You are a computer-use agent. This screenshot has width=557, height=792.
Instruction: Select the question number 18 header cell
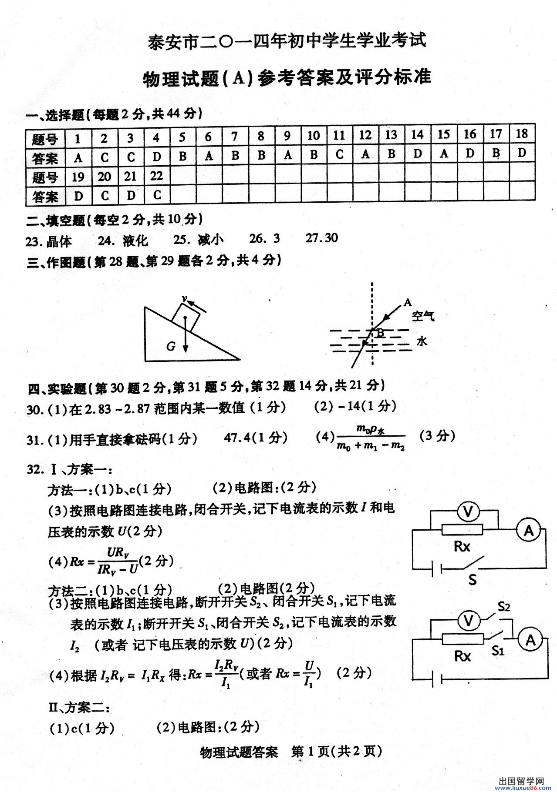[521, 134]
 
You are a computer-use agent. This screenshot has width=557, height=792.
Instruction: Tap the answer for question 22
[157, 195]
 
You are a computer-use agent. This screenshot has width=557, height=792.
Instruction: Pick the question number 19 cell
[78, 177]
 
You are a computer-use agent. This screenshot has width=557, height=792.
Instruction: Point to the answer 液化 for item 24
[135, 240]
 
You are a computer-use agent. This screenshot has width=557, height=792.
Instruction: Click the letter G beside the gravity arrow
[171, 346]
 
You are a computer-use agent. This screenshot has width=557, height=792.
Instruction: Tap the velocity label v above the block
[185, 299]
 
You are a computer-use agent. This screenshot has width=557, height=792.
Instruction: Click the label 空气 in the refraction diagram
[423, 316]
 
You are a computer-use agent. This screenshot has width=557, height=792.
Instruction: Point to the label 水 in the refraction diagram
[422, 341]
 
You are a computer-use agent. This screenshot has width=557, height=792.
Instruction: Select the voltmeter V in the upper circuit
[468, 512]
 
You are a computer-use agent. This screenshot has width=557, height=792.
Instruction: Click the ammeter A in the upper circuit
[528, 530]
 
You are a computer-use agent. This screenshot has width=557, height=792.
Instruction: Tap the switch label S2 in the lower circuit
[503, 606]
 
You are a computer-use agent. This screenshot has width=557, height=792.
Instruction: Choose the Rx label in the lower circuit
[462, 656]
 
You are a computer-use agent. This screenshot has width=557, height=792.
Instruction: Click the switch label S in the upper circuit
[472, 579]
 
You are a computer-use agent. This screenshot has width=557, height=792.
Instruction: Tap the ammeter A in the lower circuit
[530, 640]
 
